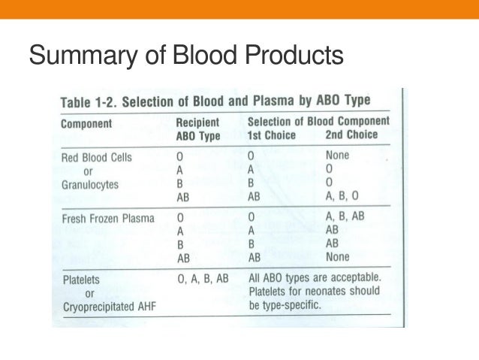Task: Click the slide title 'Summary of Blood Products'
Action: tap(185, 56)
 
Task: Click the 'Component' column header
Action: tap(86, 123)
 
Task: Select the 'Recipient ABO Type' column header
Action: tap(198, 129)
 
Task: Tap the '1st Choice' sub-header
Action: tap(271, 135)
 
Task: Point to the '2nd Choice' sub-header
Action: tap(351, 135)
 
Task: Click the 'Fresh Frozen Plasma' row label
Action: tap(107, 219)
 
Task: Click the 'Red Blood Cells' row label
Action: tap(96, 157)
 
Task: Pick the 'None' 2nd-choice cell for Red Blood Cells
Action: tap(339, 156)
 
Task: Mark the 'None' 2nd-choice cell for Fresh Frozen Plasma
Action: tap(339, 257)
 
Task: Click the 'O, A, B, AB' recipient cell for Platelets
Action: tap(202, 279)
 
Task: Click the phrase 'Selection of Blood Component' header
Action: tap(318, 122)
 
